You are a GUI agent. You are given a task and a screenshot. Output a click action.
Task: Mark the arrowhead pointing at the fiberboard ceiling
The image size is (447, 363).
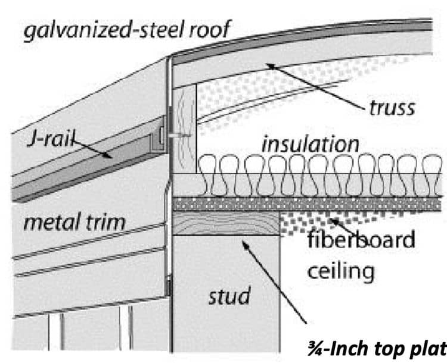tap(330, 220)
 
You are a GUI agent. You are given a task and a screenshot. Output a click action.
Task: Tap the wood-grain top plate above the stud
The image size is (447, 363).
tap(226, 224)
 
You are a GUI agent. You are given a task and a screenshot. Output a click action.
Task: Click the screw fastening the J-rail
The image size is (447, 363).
tap(176, 135)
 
